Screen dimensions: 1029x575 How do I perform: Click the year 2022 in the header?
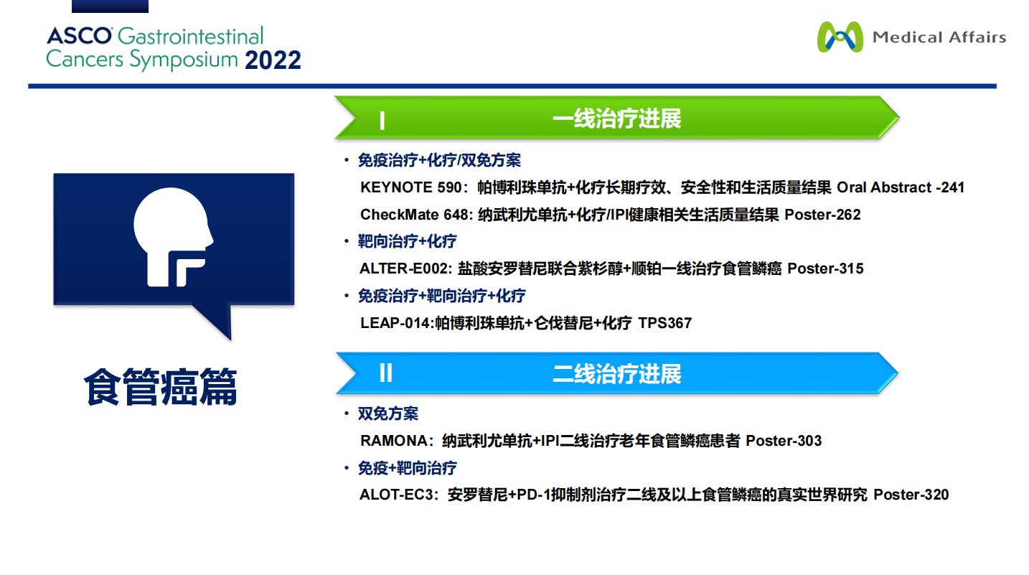(273, 60)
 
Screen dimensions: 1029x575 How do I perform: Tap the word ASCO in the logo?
(79, 36)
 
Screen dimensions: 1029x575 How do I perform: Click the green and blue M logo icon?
(840, 37)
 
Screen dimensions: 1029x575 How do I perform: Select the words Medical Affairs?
(939, 37)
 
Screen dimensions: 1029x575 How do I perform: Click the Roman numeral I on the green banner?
(382, 121)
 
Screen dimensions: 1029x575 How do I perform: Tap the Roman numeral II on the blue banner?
(386, 373)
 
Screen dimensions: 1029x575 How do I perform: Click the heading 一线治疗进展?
(616, 118)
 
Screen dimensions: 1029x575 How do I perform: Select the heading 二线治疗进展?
(616, 374)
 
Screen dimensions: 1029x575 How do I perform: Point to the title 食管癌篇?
(160, 387)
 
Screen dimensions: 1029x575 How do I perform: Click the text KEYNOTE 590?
(410, 187)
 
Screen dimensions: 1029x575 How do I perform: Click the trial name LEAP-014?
(395, 323)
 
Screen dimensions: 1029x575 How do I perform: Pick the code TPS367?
(664, 323)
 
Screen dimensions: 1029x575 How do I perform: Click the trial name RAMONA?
(394, 441)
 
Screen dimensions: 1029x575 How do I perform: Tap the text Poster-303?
(784, 441)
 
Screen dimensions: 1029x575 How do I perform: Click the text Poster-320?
(911, 495)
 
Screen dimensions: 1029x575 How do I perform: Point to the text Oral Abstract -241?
(901, 187)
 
